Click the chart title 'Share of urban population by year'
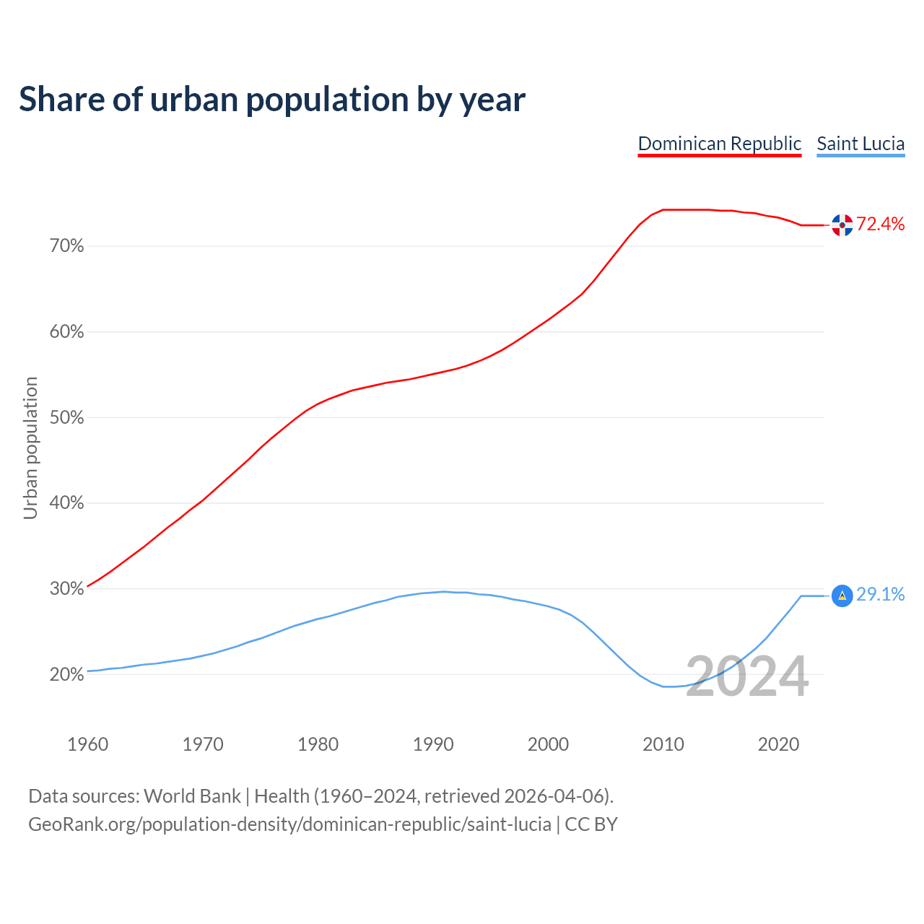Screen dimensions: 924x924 [272, 100]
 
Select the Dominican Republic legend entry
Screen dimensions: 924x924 [719, 144]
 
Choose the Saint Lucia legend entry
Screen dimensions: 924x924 [860, 144]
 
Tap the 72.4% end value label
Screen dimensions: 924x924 [880, 225]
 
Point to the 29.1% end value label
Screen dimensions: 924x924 [880, 595]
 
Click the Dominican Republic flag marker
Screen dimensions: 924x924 [842, 225]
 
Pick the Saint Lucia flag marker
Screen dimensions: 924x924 [842, 596]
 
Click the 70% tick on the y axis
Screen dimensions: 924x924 [66, 247]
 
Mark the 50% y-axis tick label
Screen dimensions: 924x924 [66, 418]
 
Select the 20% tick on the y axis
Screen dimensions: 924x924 [66, 675]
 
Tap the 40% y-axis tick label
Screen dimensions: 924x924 [66, 503]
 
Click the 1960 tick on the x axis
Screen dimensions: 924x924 [87, 744]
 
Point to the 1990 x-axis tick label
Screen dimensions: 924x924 [433, 744]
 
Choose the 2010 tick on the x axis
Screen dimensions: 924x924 [663, 744]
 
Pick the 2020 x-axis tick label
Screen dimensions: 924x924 [778, 744]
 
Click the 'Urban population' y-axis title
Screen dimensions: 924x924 [30, 448]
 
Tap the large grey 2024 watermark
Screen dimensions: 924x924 [746, 677]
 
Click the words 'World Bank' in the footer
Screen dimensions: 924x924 [192, 796]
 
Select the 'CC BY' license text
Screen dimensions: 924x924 [591, 824]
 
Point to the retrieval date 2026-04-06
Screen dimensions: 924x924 [554, 796]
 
